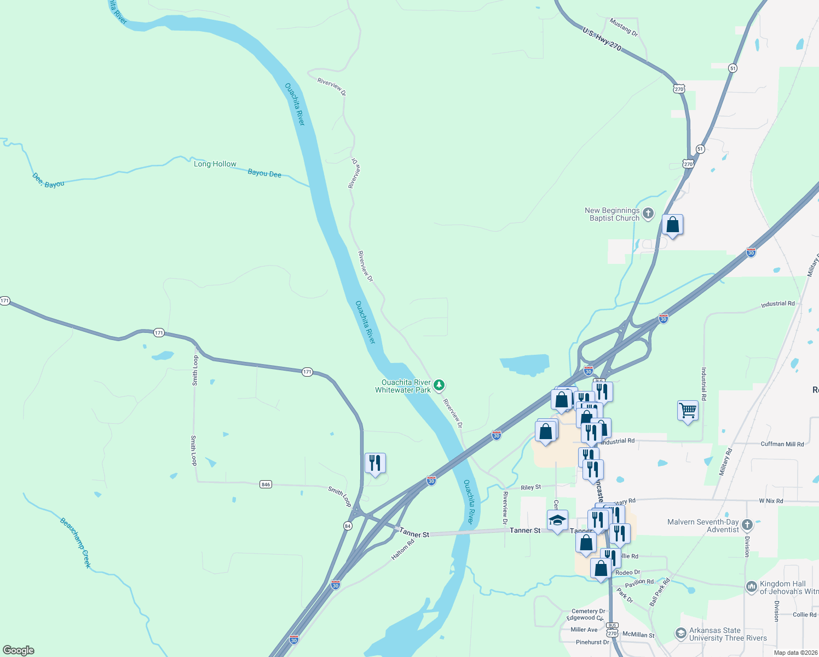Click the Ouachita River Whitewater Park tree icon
pyautogui.click(x=439, y=386)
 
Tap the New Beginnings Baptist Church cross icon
pyautogui.click(x=648, y=214)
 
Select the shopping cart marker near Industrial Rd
pyautogui.click(x=688, y=410)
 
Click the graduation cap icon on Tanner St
pyautogui.click(x=557, y=520)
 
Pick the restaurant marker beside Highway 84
pyautogui.click(x=375, y=463)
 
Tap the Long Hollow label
pyautogui.click(x=215, y=164)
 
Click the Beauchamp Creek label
pyautogui.click(x=76, y=543)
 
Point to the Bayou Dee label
pyautogui.click(x=264, y=173)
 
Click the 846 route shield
pyautogui.click(x=266, y=485)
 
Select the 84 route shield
pyautogui.click(x=348, y=526)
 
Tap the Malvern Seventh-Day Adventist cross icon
pyautogui.click(x=747, y=525)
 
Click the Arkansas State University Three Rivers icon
pyautogui.click(x=680, y=634)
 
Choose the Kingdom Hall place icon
pyautogui.click(x=751, y=587)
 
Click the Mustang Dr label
pyautogui.click(x=624, y=27)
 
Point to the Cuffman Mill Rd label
pyautogui.click(x=782, y=444)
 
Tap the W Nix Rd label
pyautogui.click(x=771, y=501)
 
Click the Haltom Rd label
pyautogui.click(x=403, y=550)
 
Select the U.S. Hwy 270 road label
pyautogui.click(x=602, y=39)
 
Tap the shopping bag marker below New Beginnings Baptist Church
pyautogui.click(x=672, y=224)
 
